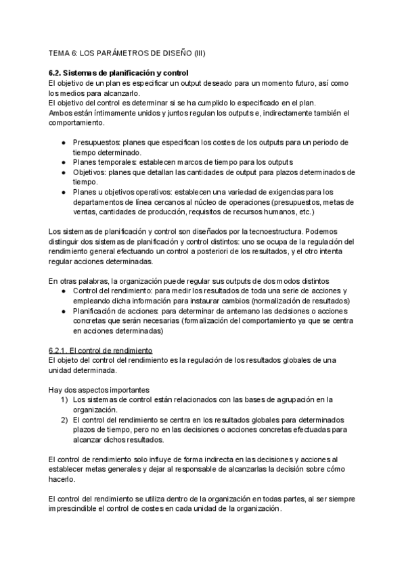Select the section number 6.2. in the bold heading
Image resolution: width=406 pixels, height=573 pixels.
click(x=58, y=73)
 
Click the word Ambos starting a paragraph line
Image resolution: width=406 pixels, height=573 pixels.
click(x=61, y=112)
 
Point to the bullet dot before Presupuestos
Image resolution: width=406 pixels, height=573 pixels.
click(x=64, y=143)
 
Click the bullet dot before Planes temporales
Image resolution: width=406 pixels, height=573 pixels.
click(x=64, y=162)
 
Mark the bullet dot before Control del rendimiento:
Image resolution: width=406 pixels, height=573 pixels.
click(x=64, y=291)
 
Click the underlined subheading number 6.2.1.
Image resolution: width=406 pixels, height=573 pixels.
click(x=58, y=350)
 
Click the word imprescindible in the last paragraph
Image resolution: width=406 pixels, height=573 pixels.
click(x=77, y=509)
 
